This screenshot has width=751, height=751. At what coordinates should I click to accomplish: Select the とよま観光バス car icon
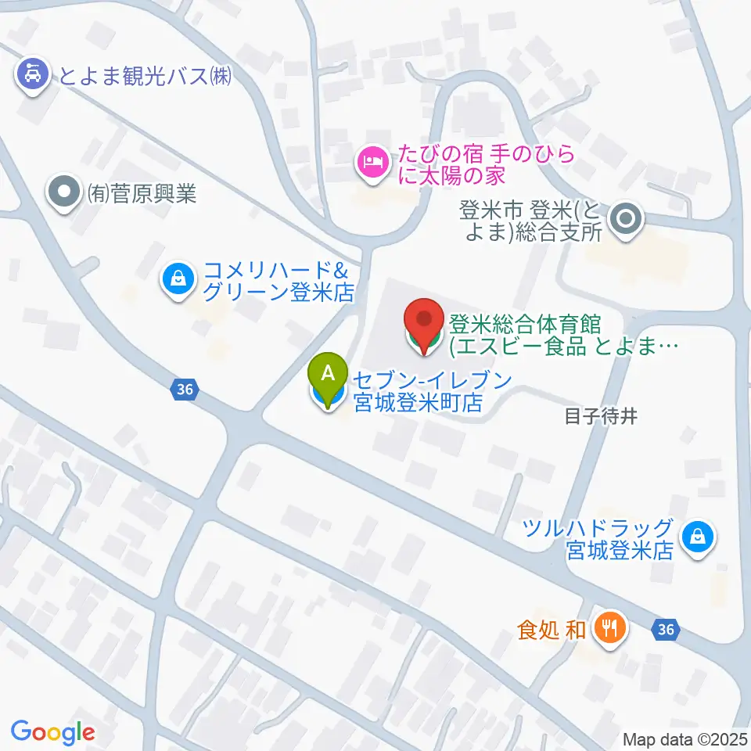coord(31,76)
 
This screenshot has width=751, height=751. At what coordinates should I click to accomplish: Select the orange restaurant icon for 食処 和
coord(609,627)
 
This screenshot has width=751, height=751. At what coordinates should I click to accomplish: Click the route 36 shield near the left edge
coord(184,388)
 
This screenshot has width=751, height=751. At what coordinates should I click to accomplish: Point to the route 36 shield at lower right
coord(665,628)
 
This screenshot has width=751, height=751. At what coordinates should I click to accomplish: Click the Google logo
coord(52,732)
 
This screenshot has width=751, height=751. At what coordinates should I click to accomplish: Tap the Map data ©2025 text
coord(685,738)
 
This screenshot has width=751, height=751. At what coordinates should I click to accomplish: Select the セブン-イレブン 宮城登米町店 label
coord(430,392)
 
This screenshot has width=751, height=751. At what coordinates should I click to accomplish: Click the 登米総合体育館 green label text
coord(559,334)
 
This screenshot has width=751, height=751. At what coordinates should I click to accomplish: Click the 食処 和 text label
coord(552,629)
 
